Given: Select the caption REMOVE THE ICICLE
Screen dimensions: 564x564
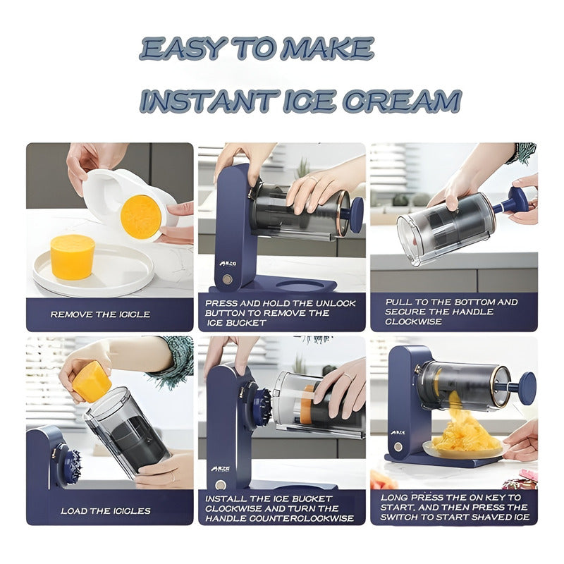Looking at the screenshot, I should pyautogui.click(x=100, y=314).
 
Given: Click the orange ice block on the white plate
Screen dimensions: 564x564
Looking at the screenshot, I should pyautogui.click(x=73, y=256).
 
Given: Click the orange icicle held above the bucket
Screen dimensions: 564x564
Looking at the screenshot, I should pyautogui.click(x=92, y=381).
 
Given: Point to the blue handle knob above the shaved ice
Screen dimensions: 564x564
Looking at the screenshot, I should pyautogui.click(x=526, y=387).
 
